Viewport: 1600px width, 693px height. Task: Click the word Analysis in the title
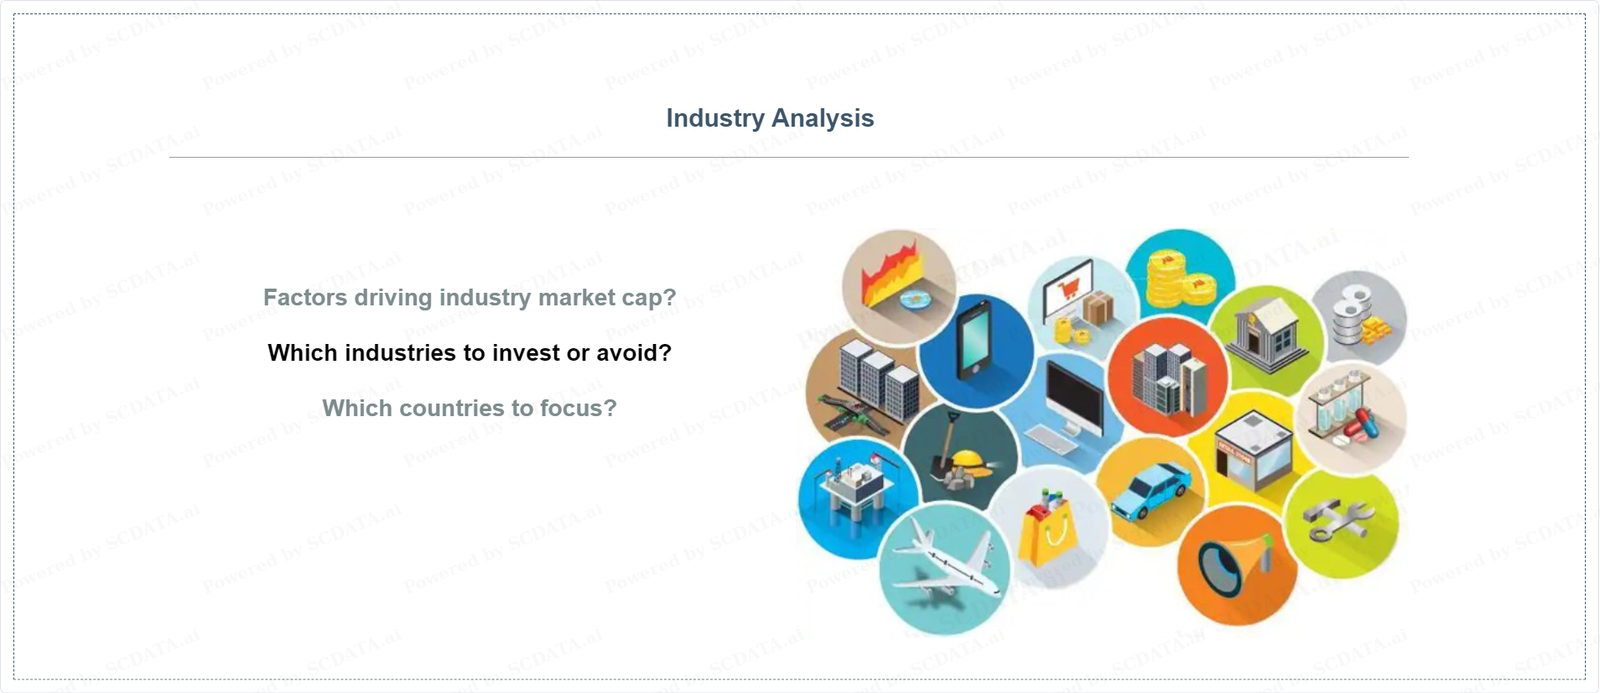[823, 118]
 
